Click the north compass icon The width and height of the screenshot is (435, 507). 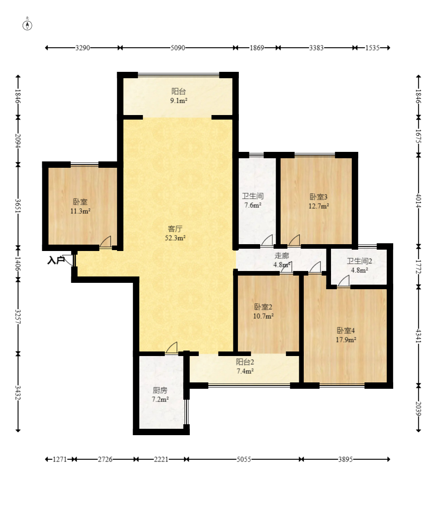click(x=27, y=25)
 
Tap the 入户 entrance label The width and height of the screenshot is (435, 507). click(x=56, y=260)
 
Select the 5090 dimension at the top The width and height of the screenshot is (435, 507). click(x=178, y=48)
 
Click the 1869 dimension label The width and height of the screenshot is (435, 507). click(x=257, y=48)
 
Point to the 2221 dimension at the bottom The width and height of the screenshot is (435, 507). click(x=161, y=459)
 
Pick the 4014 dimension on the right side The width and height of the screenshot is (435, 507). click(x=419, y=201)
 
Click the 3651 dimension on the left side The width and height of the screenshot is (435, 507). click(x=18, y=206)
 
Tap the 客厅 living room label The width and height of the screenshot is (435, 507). click(x=175, y=229)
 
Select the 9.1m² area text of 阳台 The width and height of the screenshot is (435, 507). click(x=179, y=100)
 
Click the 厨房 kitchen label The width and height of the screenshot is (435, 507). click(x=160, y=390)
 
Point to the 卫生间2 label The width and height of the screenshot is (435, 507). click(x=360, y=261)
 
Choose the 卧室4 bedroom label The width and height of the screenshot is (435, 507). click(x=346, y=331)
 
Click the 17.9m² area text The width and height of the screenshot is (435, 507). click(x=346, y=340)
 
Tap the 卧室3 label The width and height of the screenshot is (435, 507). click(x=319, y=196)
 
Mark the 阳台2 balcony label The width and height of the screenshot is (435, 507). click(x=245, y=362)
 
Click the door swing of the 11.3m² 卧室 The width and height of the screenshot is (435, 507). click(x=106, y=241)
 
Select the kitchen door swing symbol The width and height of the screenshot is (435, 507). click(x=172, y=347)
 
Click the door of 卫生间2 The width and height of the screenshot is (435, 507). click(x=344, y=281)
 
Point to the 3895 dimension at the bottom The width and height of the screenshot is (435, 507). click(x=346, y=459)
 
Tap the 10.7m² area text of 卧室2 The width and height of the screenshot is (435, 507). click(x=263, y=316)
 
